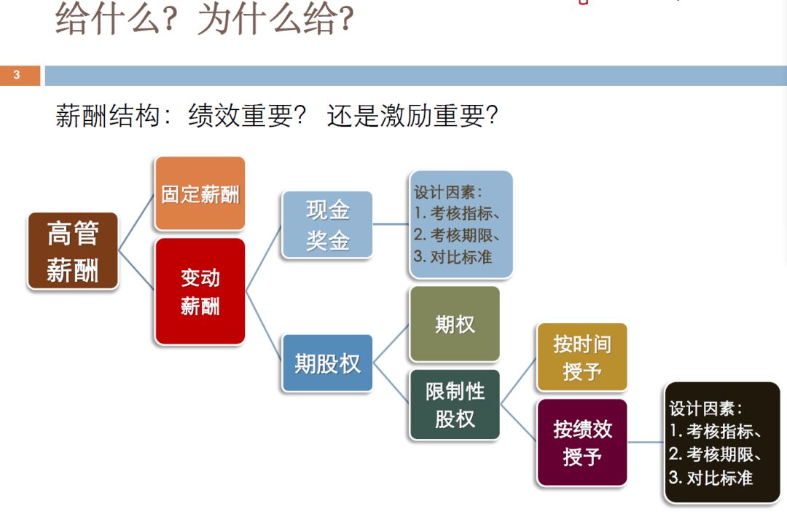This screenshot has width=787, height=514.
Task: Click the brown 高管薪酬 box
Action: [73, 250]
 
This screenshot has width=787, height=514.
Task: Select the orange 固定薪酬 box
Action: [200, 194]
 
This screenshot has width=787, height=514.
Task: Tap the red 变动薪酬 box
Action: [200, 291]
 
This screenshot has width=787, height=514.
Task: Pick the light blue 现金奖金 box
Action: [327, 225]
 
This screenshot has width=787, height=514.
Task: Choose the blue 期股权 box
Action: [327, 363]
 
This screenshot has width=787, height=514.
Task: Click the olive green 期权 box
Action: [455, 324]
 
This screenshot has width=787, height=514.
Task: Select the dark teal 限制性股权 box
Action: [455, 405]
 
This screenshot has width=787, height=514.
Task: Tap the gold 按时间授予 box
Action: [582, 357]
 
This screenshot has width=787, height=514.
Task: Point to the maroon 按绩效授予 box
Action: [582, 443]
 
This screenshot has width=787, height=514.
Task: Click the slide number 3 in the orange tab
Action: [17, 75]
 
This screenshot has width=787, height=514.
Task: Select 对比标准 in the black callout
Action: [719, 478]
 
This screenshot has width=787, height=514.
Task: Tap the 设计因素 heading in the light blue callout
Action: [445, 192]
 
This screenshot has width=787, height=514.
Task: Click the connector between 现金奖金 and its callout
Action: [391, 224]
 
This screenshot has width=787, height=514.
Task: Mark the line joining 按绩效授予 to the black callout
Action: [646, 443]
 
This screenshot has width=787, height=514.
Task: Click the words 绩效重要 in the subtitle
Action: [241, 115]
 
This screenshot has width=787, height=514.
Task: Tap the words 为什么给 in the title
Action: [267, 19]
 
